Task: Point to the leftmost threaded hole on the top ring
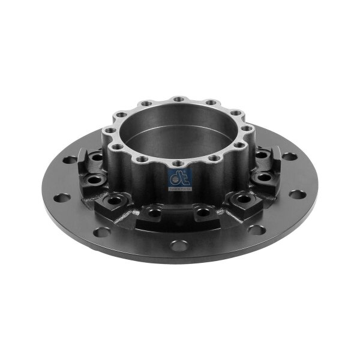point(110,130)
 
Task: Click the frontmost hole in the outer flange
point(178,245)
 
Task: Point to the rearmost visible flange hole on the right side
point(289,157)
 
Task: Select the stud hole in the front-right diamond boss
point(243,198)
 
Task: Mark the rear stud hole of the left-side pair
point(96,157)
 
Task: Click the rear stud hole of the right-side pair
point(261,155)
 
